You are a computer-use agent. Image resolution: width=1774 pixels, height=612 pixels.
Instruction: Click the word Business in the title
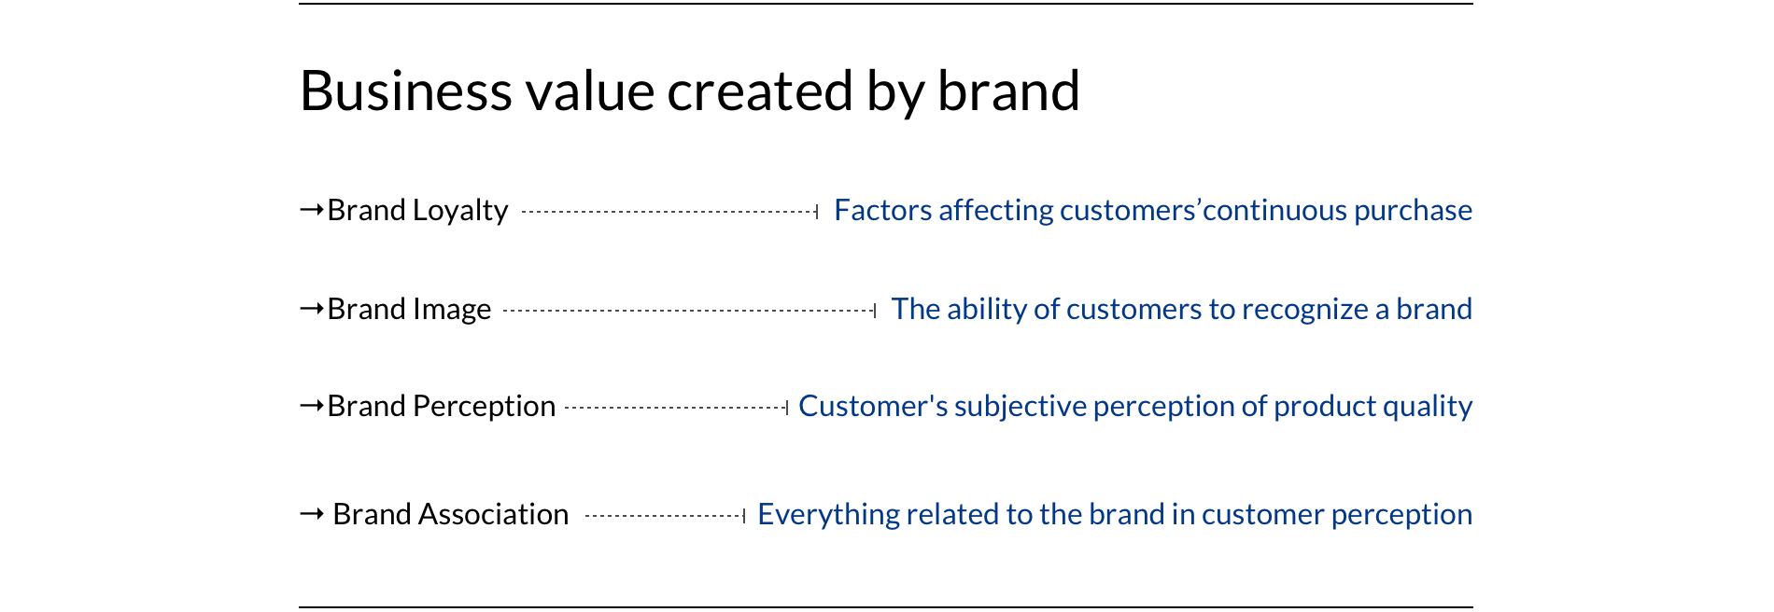click(x=406, y=90)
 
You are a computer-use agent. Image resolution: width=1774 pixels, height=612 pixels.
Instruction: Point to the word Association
click(x=493, y=514)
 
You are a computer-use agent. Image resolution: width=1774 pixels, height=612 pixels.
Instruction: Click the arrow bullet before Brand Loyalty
click(x=311, y=210)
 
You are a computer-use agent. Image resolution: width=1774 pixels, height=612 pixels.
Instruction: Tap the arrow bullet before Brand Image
click(x=311, y=308)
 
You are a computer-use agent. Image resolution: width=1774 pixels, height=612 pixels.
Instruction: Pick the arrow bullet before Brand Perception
click(x=311, y=405)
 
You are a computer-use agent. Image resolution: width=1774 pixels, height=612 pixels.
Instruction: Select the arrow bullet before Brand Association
click(x=311, y=513)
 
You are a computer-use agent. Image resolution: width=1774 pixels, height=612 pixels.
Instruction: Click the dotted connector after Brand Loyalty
click(x=669, y=212)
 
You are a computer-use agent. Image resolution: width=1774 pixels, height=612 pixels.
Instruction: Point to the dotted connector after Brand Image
click(x=689, y=311)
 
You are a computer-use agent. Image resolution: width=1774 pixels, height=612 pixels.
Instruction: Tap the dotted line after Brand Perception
click(x=677, y=408)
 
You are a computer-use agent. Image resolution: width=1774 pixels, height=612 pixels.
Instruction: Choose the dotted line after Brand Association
click(x=665, y=516)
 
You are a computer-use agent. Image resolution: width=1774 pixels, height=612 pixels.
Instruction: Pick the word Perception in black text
click(x=484, y=407)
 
